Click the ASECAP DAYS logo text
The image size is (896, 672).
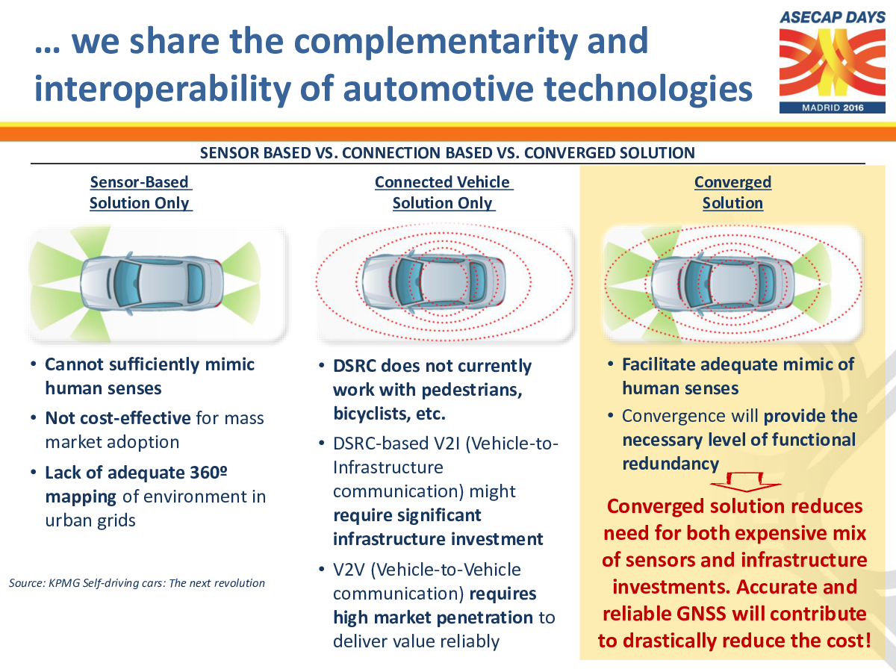tap(833, 17)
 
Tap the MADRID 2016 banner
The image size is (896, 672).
tap(833, 108)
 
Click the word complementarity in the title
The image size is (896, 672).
tap(435, 43)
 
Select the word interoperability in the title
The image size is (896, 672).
tap(163, 90)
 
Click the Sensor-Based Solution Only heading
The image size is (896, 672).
tap(141, 193)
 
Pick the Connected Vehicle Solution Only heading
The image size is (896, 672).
tap(444, 193)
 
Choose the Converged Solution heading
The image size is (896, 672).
tap(732, 193)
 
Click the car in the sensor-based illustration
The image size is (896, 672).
tap(152, 284)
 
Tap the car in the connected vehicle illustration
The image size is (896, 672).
tap(434, 282)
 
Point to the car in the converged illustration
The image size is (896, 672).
tap(723, 284)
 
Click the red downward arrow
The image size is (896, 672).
tap(745, 482)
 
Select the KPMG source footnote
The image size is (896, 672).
tap(137, 583)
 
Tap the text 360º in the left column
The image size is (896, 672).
tap(208, 473)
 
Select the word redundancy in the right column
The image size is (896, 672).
tap(671, 464)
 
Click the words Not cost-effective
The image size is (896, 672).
tap(118, 418)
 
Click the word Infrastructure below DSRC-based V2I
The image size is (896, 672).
tap(388, 467)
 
